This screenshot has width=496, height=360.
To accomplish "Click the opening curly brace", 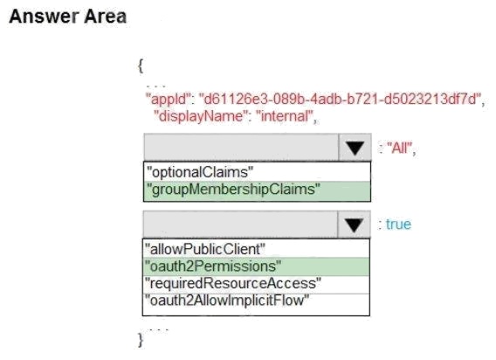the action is (x=141, y=66).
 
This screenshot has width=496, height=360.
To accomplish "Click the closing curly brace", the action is (x=141, y=341).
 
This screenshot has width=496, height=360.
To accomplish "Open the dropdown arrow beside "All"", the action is (x=355, y=147).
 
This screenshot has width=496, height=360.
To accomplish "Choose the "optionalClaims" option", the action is (x=200, y=172).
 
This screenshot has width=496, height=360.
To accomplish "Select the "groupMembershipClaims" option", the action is (x=233, y=190).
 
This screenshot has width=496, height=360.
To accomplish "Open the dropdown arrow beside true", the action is (x=354, y=225).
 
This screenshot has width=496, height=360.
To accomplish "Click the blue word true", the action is (x=398, y=225).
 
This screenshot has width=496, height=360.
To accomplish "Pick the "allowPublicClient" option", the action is (x=204, y=249).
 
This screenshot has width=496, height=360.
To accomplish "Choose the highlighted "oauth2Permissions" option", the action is (x=212, y=266).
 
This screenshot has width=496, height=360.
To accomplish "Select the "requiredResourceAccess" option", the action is (x=233, y=283).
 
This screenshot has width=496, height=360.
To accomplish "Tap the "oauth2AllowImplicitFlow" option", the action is (x=226, y=301).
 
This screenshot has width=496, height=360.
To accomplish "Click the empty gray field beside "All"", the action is (x=241, y=147).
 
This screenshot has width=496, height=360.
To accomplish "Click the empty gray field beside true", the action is (x=240, y=225).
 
